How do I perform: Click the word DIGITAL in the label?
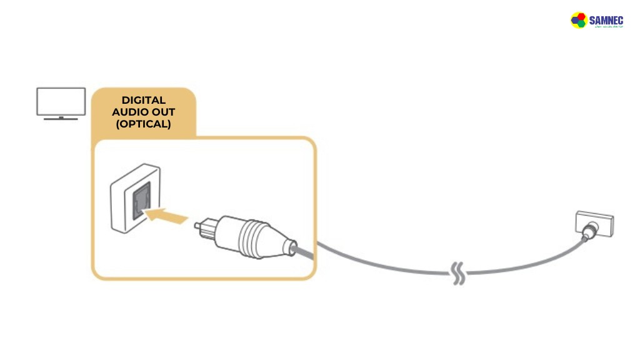pyautogui.click(x=143, y=100)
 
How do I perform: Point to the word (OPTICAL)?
pyautogui.click(x=143, y=124)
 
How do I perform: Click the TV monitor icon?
pyautogui.click(x=61, y=101)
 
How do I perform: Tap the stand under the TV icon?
pyautogui.click(x=61, y=117)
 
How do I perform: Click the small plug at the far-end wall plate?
pyautogui.click(x=586, y=234)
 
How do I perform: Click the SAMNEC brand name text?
pyautogui.click(x=606, y=20)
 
